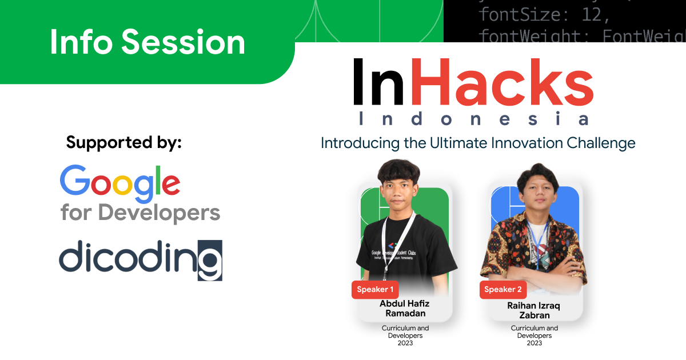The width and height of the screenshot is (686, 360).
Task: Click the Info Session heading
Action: (x=147, y=43)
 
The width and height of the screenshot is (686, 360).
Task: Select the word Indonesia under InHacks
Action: (x=473, y=119)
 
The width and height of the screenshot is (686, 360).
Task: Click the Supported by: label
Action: (x=123, y=142)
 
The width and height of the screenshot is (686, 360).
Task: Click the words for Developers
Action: (x=140, y=213)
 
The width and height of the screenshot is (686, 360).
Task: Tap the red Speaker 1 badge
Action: (x=375, y=289)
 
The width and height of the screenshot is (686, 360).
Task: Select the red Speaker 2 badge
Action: (x=503, y=289)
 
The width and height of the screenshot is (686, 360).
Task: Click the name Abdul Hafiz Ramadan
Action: (x=404, y=309)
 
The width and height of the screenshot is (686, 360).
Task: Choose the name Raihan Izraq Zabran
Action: (x=534, y=310)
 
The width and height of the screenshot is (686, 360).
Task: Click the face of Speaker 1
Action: (x=400, y=189)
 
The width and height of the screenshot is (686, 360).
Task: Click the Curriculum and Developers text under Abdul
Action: (x=405, y=331)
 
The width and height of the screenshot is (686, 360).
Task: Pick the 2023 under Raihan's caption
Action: (x=534, y=343)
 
